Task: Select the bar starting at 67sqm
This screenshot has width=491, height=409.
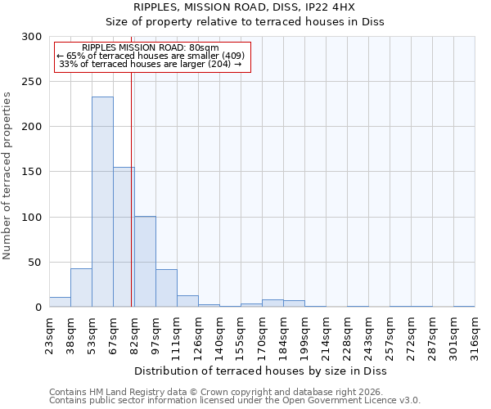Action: (x=124, y=237)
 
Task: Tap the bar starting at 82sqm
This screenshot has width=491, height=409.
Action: (x=145, y=262)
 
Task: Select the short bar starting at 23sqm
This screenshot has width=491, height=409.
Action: (x=60, y=302)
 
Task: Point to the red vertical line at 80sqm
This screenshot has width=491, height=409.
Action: (x=132, y=188)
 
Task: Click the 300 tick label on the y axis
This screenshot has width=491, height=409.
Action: (x=32, y=37)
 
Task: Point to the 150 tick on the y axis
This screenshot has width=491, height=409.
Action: (x=32, y=172)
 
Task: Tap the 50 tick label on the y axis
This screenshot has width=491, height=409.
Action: (x=35, y=263)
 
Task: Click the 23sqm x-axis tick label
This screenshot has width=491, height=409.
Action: (x=50, y=336)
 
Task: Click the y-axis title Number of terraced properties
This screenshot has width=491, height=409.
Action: (x=7, y=176)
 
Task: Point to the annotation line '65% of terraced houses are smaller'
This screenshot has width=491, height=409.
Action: (x=151, y=56)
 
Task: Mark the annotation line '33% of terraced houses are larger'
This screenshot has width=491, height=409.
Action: (x=151, y=64)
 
